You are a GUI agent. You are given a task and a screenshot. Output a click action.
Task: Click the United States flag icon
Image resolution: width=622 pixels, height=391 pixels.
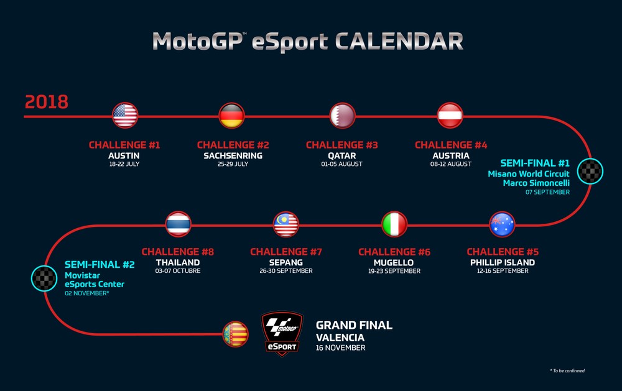tap(125, 116)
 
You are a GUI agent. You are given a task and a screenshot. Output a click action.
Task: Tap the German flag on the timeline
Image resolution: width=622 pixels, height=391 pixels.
tap(231, 116)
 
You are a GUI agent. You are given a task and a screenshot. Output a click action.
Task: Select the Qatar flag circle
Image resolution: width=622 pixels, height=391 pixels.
tap(342, 116)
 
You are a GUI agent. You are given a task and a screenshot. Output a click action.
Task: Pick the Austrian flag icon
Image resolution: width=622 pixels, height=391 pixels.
tap(450, 116)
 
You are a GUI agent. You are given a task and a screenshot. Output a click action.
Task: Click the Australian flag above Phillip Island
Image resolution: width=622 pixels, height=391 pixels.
tap(502, 224)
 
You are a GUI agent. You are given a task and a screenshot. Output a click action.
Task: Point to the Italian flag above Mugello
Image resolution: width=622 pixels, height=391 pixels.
tap(394, 224)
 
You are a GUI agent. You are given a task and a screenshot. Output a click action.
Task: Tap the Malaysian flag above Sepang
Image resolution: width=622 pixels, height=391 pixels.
tap(286, 224)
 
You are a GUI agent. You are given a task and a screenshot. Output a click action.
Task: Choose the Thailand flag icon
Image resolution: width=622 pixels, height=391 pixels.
tap(178, 224)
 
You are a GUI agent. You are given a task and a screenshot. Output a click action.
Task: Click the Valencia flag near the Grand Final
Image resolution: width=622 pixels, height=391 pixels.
tap(236, 334)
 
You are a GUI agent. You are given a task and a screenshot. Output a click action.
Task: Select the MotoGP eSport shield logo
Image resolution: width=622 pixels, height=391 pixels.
tap(282, 333)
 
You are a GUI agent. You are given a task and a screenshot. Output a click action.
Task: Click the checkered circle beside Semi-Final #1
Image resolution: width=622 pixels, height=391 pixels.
tap(590, 171)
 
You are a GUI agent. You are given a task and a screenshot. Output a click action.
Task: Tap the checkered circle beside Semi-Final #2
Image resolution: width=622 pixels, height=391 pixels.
tap(44, 278)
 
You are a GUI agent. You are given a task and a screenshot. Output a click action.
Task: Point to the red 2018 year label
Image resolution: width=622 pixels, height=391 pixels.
tap(47, 102)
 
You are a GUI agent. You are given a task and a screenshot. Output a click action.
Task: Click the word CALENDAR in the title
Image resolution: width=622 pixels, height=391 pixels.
tap(399, 41)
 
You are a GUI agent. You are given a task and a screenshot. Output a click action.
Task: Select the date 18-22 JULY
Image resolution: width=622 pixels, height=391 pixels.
tap(124, 163)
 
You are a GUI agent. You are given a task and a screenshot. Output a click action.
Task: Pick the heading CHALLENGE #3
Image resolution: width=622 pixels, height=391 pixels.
tap(342, 145)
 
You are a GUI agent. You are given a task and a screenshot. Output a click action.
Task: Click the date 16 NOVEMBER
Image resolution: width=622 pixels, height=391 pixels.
tap(340, 347)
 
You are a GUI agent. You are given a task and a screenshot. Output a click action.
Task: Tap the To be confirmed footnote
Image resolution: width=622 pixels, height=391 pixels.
tap(567, 370)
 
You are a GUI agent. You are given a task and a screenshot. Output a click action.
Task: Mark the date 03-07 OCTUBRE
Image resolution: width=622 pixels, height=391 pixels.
tap(178, 271)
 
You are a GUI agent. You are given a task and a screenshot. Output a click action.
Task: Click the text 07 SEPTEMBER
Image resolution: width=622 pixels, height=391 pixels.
tap(547, 192)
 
